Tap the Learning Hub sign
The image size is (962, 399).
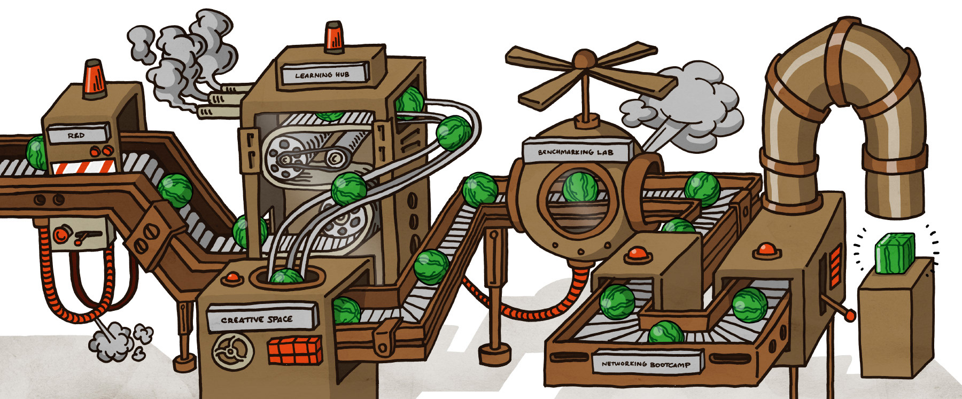[322, 74]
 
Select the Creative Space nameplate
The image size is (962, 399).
[258, 319]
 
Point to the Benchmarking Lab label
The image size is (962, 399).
[576, 151]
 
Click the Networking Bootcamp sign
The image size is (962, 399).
[647, 364]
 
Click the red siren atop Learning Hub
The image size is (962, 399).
[334, 37]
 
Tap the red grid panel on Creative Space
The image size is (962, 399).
[295, 350]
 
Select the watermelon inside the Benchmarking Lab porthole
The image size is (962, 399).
[579, 187]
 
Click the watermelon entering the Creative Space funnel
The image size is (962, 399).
[286, 277]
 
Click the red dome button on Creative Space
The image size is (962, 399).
[233, 277]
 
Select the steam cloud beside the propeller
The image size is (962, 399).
[689, 104]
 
